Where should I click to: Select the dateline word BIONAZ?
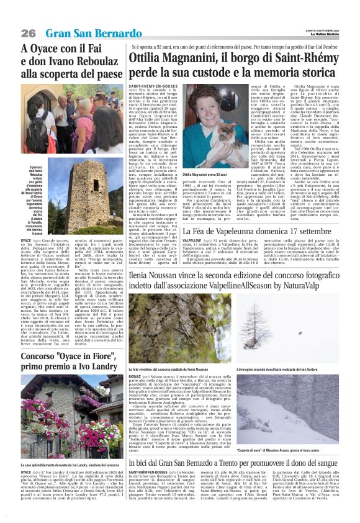click(136, 376)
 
